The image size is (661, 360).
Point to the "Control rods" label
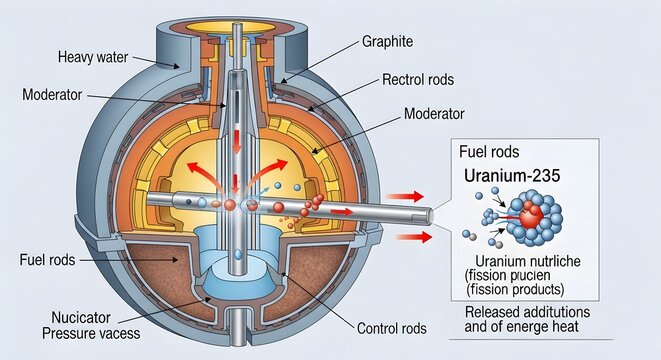(392, 328)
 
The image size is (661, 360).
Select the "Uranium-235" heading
(511, 175)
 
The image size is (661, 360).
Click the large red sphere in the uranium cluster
(530, 217)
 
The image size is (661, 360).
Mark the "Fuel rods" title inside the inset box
(488, 153)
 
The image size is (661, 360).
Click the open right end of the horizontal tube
(429, 214)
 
